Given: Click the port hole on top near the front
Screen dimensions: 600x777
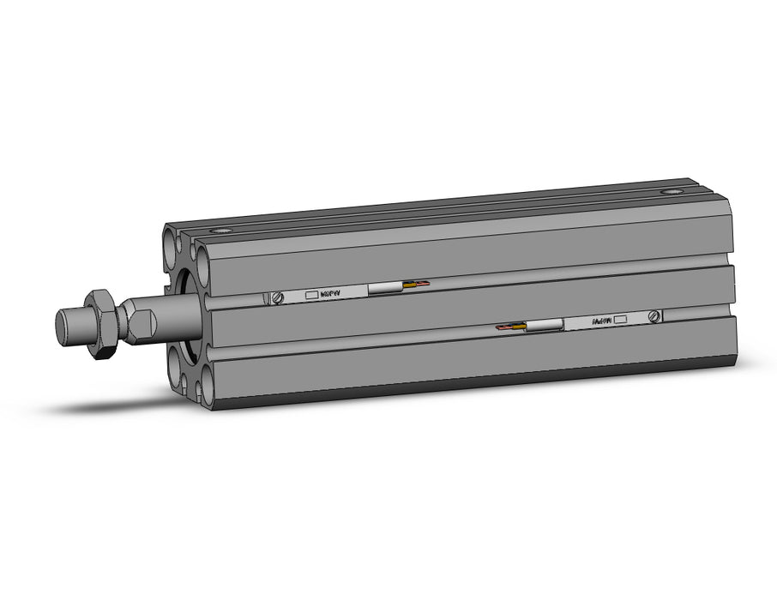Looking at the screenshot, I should [x=224, y=231].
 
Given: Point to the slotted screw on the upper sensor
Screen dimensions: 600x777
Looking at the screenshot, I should [x=278, y=297].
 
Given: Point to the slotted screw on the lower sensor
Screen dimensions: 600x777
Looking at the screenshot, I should [x=654, y=316].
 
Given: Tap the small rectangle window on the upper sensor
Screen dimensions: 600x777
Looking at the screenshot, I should [x=310, y=294].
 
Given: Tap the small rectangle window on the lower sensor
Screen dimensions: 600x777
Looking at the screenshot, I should [x=621, y=319].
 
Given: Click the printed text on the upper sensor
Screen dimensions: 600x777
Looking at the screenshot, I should [x=330, y=293].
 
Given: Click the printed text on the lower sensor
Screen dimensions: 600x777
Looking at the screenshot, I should [x=601, y=321].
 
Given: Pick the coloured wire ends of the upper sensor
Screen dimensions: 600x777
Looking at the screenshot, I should [x=419, y=284].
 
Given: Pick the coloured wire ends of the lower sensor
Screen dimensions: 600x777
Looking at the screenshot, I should [x=511, y=327].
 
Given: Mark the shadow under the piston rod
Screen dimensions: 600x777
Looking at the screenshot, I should [x=111, y=403].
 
